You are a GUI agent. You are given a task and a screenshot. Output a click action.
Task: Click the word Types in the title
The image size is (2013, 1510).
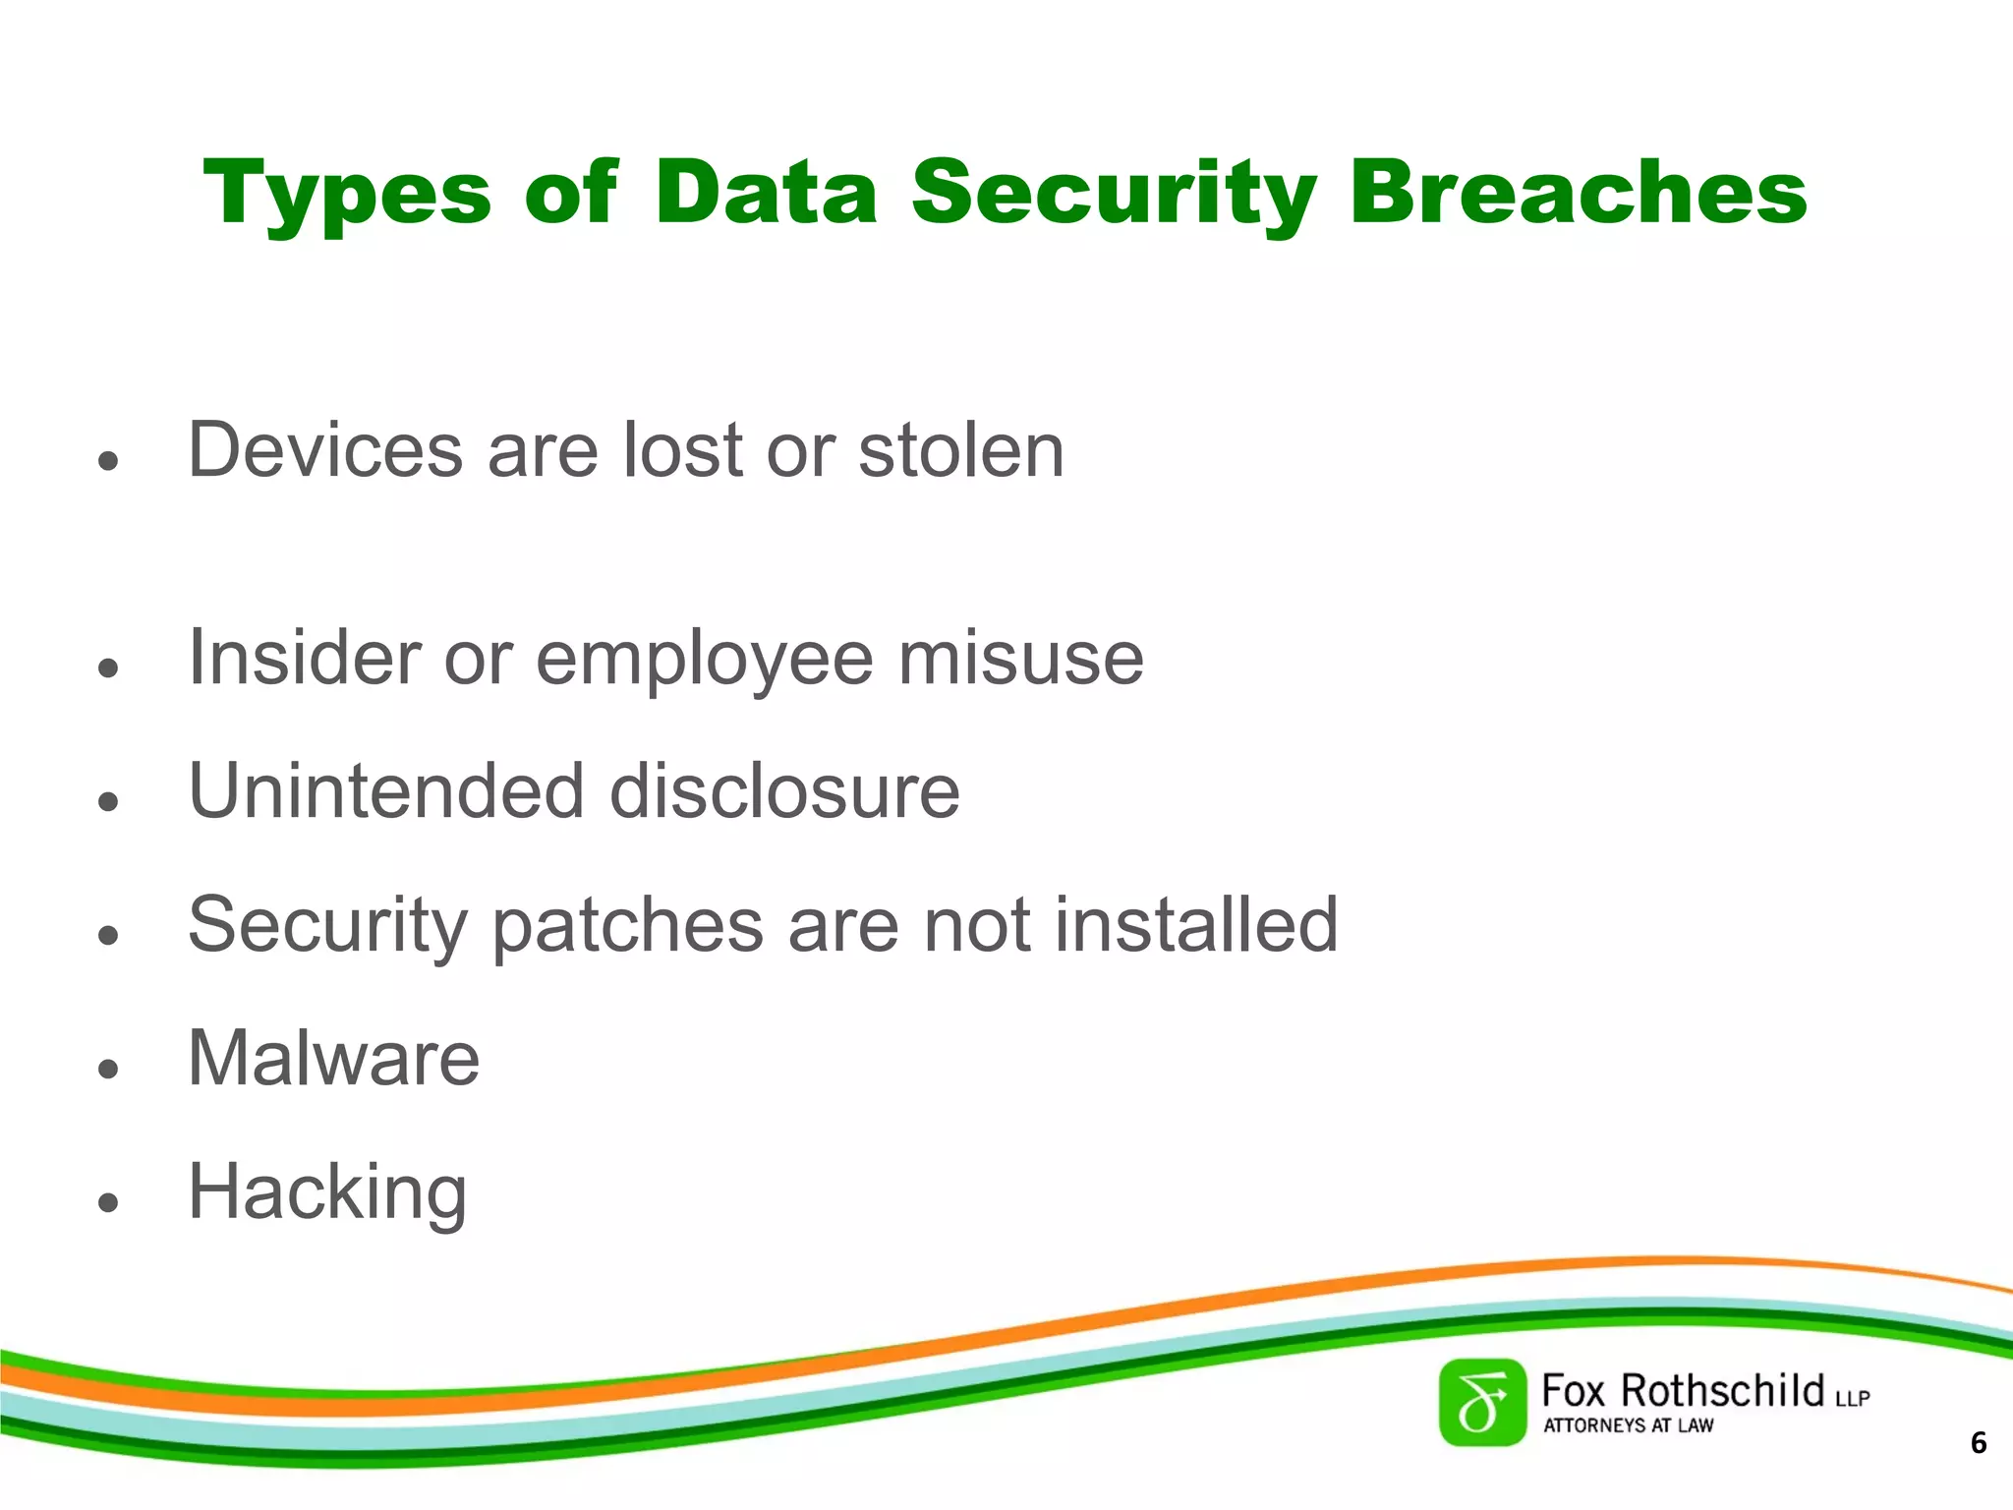point(346,194)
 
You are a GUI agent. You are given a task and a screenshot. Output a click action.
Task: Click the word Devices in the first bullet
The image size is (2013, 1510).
point(324,450)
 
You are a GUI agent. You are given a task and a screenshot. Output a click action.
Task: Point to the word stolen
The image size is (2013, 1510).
point(960,450)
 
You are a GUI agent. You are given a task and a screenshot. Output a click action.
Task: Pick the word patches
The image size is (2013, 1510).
point(626,926)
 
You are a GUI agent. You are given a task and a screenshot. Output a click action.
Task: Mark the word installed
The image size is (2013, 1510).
point(1195,924)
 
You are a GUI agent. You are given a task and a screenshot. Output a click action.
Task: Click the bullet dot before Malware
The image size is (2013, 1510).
point(108,1069)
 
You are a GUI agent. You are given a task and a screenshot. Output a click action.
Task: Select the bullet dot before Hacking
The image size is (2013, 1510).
point(108,1202)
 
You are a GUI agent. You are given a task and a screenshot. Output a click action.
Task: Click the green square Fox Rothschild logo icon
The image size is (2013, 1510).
point(1482,1403)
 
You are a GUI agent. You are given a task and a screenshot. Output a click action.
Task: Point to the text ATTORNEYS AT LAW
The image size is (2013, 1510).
point(1628,1425)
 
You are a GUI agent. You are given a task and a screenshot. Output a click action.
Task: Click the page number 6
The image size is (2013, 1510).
point(1979,1443)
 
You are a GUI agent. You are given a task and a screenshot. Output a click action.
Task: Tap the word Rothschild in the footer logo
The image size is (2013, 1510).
point(1721,1391)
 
